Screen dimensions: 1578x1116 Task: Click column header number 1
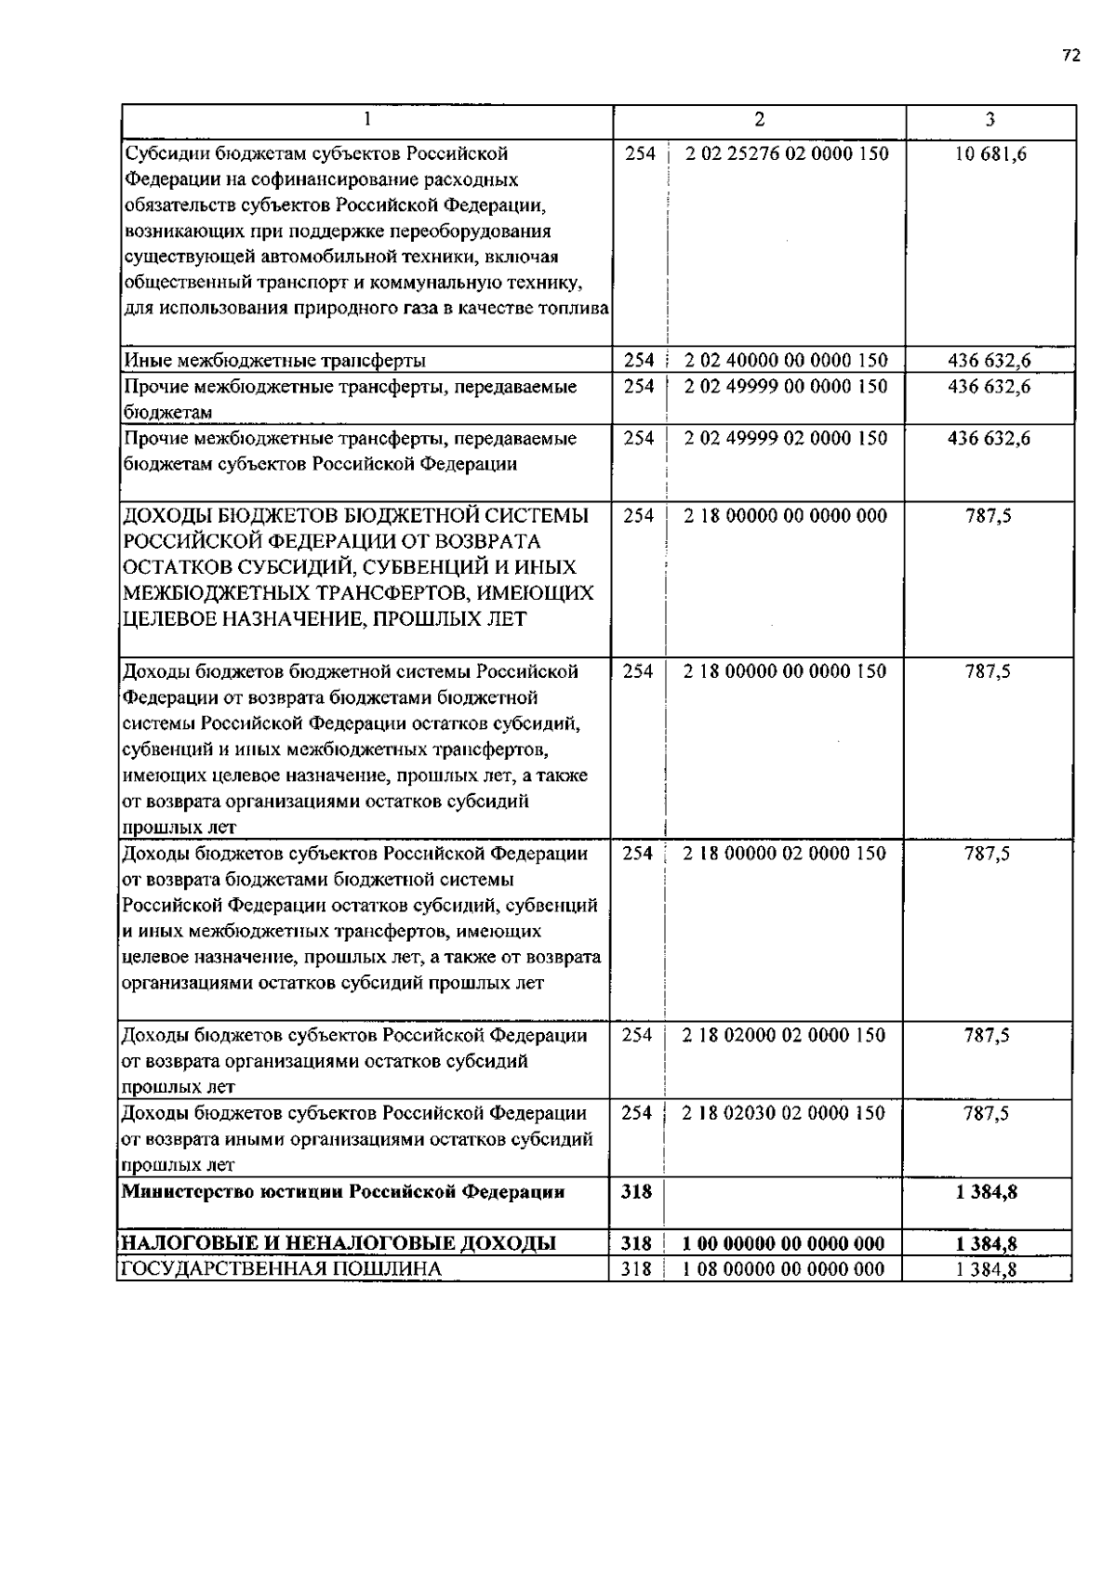[367, 119]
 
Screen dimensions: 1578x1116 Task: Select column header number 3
[990, 119]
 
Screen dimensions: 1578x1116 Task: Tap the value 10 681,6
[990, 154]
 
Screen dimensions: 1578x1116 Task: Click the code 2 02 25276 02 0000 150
[787, 154]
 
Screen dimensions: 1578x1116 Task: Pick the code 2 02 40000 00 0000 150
[787, 361]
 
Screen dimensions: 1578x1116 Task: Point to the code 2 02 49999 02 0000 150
[787, 438]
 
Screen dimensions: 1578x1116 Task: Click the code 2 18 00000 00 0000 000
[786, 516]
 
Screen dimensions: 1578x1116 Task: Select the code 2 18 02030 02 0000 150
[784, 1113]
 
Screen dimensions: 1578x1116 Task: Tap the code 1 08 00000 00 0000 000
[784, 1269]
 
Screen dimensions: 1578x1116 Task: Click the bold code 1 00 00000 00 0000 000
[784, 1244]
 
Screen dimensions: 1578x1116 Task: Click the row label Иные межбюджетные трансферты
[275, 361]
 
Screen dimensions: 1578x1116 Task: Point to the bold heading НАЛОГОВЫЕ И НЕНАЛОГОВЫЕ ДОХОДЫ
[339, 1244]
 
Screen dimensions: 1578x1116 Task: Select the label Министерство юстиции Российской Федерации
[344, 1191]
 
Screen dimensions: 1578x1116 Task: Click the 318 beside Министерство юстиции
[636, 1191]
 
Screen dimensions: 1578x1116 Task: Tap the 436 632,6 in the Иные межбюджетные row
[989, 361]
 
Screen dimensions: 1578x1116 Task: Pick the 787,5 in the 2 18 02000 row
[987, 1035]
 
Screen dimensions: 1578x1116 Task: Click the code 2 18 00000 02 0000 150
[785, 854]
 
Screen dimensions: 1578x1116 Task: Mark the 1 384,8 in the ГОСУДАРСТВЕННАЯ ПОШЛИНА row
[986, 1269]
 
